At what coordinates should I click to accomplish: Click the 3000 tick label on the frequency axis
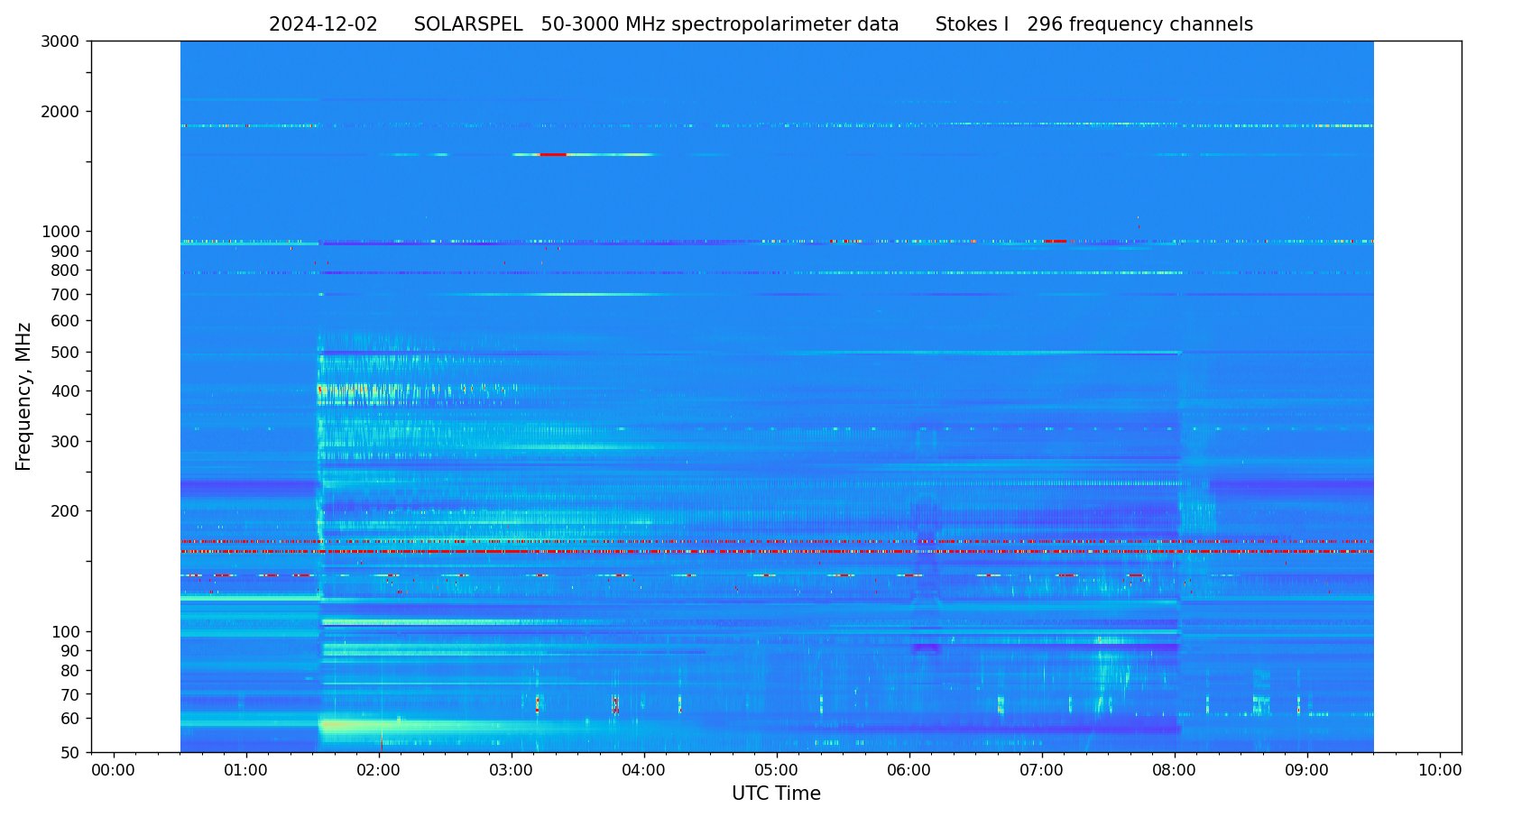[x=63, y=41]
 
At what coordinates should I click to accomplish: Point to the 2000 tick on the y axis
[x=63, y=112]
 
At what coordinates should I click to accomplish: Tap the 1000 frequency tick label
[x=63, y=232]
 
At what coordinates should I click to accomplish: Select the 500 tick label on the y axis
[x=68, y=353]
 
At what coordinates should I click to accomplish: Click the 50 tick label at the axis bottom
[x=71, y=753]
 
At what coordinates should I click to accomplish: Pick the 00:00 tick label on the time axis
[x=114, y=770]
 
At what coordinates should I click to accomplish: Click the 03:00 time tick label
[x=512, y=770]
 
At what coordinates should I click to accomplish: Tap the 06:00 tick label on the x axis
[x=909, y=770]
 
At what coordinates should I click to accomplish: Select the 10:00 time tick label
[x=1440, y=770]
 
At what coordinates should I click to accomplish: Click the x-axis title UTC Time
[x=776, y=794]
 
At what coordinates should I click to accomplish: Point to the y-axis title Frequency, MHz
[x=24, y=396]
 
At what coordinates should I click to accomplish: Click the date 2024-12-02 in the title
[x=323, y=25]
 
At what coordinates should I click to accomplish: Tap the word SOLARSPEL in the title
[x=468, y=25]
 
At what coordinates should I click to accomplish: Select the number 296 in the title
[x=1045, y=25]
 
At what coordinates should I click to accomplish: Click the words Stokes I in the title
[x=972, y=25]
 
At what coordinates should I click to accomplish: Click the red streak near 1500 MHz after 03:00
[x=553, y=155]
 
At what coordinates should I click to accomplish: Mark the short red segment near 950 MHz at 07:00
[x=1055, y=242]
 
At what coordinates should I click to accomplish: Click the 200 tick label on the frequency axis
[x=68, y=511]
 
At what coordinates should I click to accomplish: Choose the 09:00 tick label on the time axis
[x=1307, y=770]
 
